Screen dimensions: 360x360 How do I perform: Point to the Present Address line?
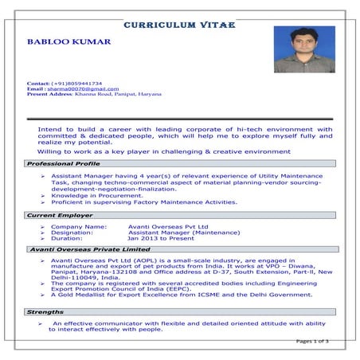[94, 94]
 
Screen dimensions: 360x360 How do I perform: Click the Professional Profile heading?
[64, 163]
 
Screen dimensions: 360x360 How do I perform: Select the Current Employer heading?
[58, 216]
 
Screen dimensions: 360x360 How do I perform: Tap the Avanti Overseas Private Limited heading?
[89, 250]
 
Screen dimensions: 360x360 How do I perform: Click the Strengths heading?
[45, 312]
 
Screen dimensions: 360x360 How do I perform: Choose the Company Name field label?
[79, 226]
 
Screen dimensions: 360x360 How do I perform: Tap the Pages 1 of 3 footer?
[311, 341]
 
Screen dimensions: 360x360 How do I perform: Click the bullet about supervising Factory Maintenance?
[143, 202]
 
